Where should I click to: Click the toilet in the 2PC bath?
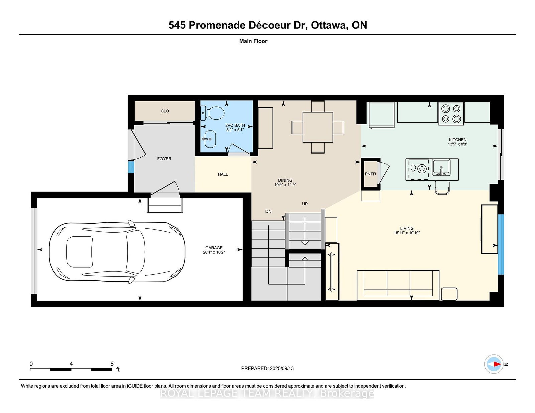point(212,113)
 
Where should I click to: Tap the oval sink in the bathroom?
point(210,139)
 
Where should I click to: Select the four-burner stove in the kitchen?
point(451,114)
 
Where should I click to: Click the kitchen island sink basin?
point(441,167)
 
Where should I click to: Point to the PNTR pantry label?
point(370,174)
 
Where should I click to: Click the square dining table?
point(318,127)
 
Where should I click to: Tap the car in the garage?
point(117,252)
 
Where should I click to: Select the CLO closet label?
point(165,111)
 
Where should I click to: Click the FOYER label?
point(164,159)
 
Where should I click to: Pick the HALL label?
point(223,174)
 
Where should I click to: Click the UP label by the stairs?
point(305,204)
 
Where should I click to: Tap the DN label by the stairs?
point(269,211)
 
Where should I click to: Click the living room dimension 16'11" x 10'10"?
point(407,233)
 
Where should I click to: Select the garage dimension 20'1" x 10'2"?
point(214,252)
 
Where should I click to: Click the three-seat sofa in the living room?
point(398,285)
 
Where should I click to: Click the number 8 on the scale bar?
point(112,364)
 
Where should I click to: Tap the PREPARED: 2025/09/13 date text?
point(267,368)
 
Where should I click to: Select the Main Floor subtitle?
point(253,41)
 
